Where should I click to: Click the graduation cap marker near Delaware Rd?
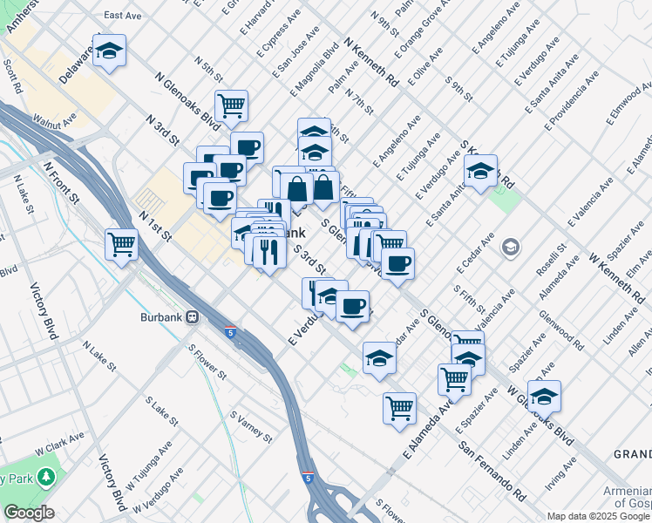point(109,52)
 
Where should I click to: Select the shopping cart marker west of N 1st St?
point(121,244)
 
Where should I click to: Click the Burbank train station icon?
point(198,317)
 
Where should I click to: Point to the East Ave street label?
point(122,16)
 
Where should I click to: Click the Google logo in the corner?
point(29,513)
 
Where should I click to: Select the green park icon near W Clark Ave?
point(46,477)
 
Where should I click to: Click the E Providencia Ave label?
point(572,102)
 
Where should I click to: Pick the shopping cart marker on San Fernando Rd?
point(399,407)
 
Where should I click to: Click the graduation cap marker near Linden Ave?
point(544,397)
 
